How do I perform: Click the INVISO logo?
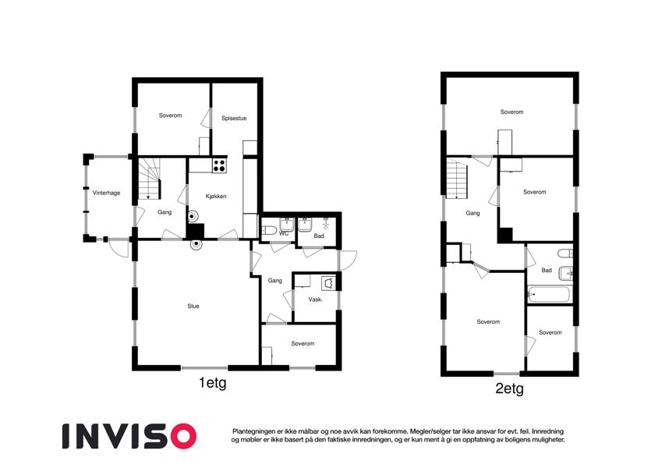point(129,436)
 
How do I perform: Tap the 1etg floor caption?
point(213,384)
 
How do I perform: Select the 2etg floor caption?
point(510,388)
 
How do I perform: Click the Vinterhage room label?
point(106,193)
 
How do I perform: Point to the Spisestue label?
point(234,119)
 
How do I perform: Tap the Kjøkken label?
point(216,197)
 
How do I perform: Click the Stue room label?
point(193,307)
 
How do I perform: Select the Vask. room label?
point(315,300)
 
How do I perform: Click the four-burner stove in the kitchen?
point(219,165)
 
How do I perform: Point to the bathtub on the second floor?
point(549,294)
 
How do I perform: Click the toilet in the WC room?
point(268,230)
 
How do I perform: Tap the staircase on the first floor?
point(150,179)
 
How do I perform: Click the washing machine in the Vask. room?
point(328,283)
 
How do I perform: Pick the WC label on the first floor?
point(284,233)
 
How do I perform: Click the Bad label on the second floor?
point(547,271)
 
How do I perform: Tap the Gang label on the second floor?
point(473,213)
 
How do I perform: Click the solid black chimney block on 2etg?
point(505,235)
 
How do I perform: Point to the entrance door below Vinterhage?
point(118,248)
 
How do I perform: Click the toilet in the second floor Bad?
point(565,253)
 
